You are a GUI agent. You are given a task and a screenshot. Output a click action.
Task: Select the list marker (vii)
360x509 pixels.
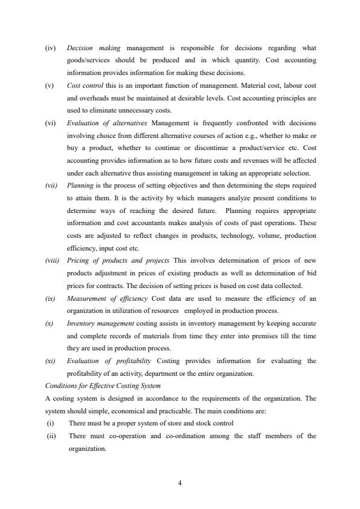(x=52, y=186)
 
